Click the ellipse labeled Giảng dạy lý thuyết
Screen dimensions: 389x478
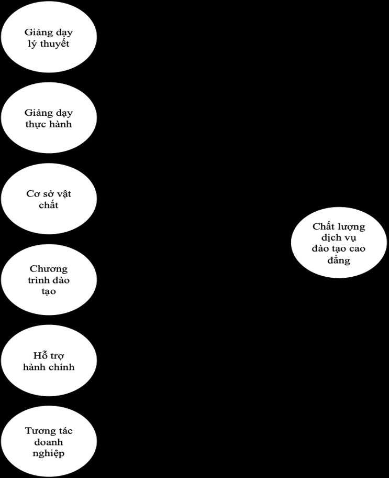[49, 37]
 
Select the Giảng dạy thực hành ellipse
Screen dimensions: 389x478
[49, 118]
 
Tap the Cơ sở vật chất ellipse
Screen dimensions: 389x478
[49, 199]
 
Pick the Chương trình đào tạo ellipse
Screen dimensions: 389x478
[49, 279]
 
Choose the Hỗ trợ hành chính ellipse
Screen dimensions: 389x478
[49, 361]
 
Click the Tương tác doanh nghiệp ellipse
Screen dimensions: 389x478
[49, 441]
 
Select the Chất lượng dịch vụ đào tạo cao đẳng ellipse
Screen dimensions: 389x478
[339, 242]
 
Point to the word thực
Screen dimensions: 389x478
[35, 125]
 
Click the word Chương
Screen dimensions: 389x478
[49, 269]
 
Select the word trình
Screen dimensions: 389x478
[38, 280]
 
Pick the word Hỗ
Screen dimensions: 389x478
[38, 356]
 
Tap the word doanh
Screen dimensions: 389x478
[49, 442]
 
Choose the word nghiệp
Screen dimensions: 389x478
[49, 453]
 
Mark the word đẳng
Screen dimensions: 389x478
[339, 260]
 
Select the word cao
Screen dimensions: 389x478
[357, 249]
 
